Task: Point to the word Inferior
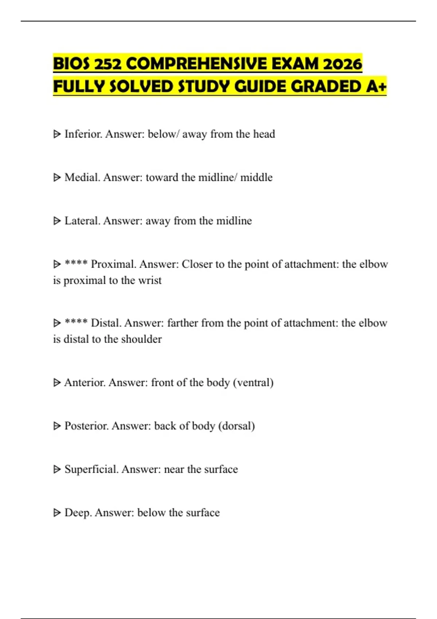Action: (x=83, y=134)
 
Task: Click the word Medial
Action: (x=82, y=177)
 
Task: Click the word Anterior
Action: (x=85, y=382)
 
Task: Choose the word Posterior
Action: (x=86, y=426)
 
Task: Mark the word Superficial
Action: (x=91, y=469)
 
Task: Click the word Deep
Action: (x=78, y=512)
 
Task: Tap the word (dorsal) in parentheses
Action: (x=236, y=426)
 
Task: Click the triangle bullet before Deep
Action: (x=57, y=513)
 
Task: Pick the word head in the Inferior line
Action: (x=264, y=134)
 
